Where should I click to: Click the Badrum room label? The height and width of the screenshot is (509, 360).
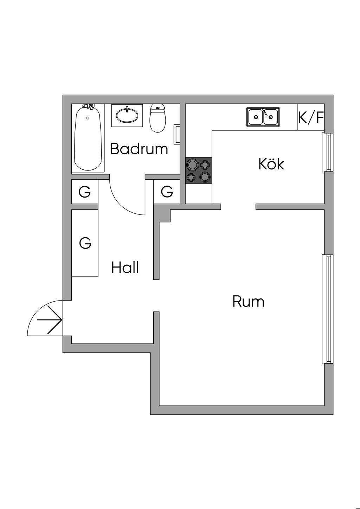[139, 149]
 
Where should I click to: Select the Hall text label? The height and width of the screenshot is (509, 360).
[125, 267]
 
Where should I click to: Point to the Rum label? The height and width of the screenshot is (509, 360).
[249, 301]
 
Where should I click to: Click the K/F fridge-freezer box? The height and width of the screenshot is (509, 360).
[311, 117]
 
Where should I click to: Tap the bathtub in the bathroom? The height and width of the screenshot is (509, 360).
[88, 138]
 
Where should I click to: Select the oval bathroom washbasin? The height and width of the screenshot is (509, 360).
[127, 115]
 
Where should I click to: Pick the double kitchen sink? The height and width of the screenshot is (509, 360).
[263, 117]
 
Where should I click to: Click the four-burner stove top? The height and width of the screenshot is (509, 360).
[199, 170]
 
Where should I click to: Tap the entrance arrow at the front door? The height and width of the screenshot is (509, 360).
[49, 320]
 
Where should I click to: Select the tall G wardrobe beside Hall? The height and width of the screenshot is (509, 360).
[85, 243]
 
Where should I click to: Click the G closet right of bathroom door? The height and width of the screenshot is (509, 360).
[167, 191]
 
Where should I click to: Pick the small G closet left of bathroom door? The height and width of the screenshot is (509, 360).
[85, 192]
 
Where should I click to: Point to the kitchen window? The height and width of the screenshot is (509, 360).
[328, 153]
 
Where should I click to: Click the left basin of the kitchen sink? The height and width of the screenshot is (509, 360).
[256, 117]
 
